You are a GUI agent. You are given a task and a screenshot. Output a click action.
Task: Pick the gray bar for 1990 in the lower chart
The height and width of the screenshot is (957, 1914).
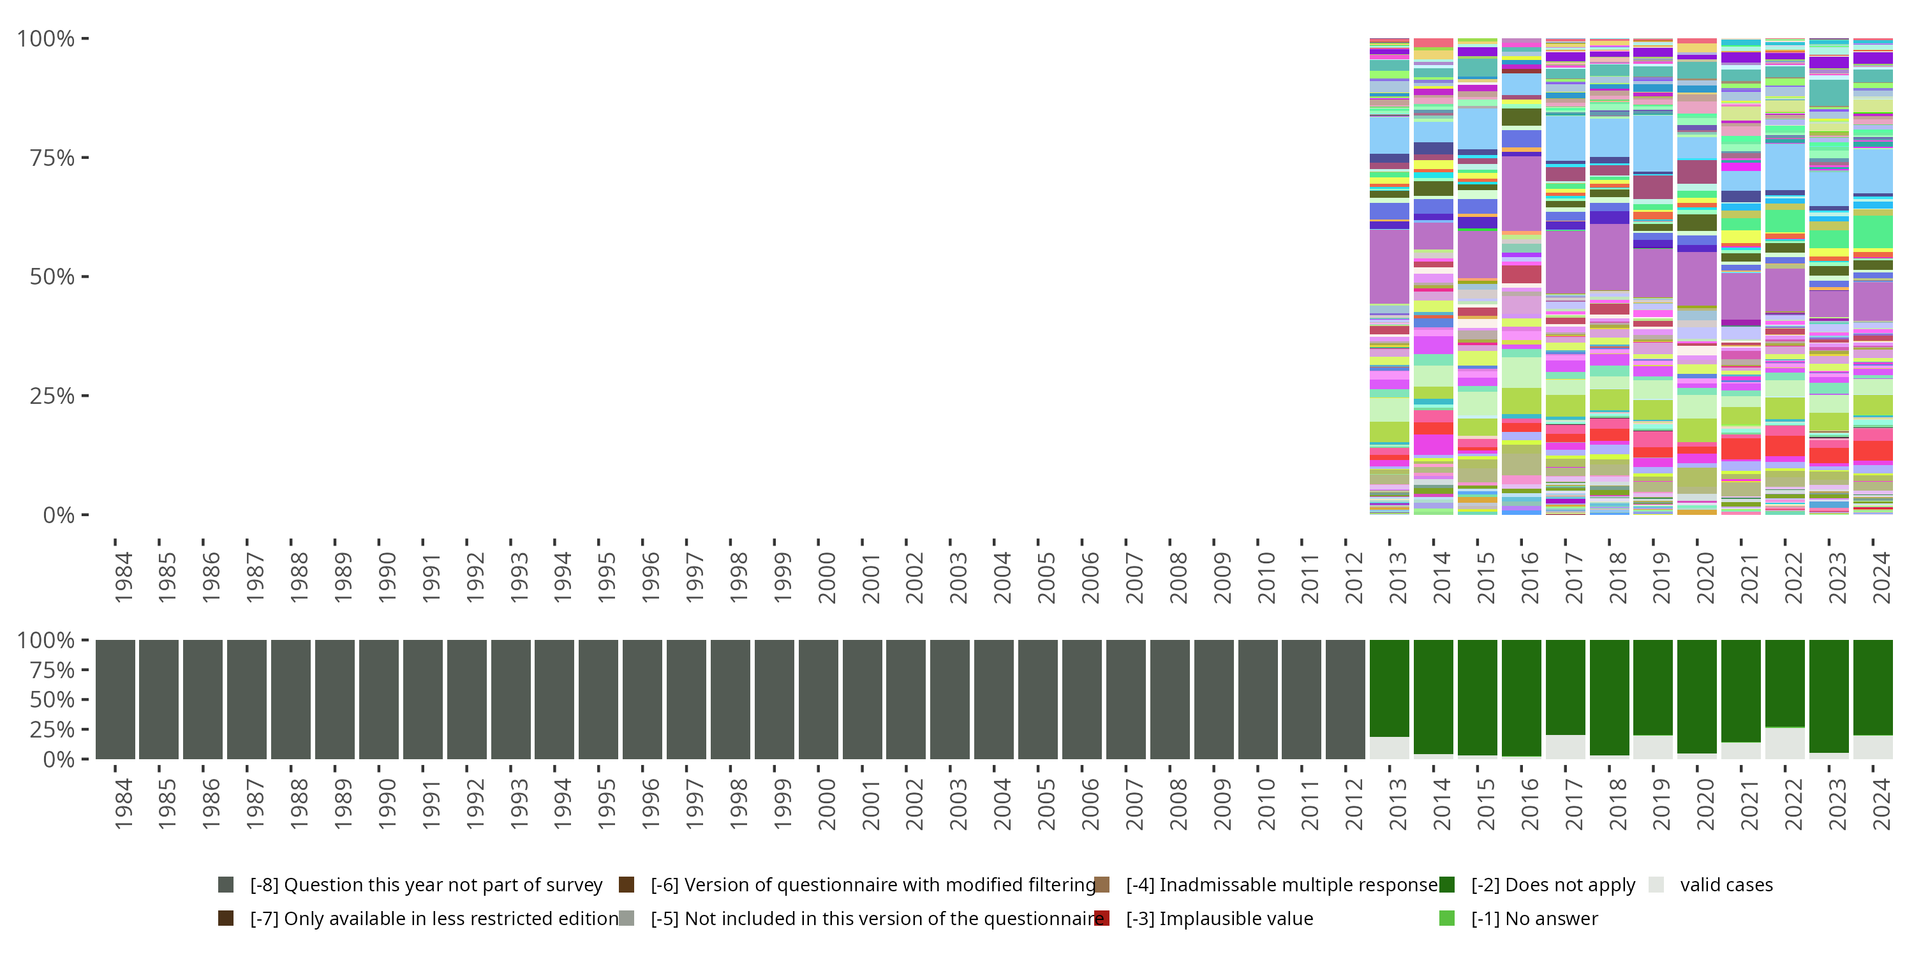(x=378, y=699)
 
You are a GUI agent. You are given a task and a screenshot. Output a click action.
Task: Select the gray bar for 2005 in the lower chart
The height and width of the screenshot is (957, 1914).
(x=1037, y=699)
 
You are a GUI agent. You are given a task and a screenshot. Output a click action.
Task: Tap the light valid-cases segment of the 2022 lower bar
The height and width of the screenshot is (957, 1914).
(x=1784, y=743)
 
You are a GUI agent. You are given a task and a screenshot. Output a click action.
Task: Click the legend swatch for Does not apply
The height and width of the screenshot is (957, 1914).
(x=1446, y=885)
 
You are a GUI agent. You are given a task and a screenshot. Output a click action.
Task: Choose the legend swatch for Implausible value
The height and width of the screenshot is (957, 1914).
(x=1102, y=918)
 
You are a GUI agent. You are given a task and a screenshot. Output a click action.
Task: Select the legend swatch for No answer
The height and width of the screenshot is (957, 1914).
(x=1446, y=918)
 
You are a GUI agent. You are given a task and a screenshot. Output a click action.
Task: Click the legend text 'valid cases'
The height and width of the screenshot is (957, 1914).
(x=1726, y=885)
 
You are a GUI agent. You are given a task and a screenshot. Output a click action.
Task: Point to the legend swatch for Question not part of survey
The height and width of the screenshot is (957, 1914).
(x=226, y=885)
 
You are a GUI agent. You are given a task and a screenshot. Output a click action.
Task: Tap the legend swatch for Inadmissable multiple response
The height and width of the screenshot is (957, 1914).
(x=1102, y=885)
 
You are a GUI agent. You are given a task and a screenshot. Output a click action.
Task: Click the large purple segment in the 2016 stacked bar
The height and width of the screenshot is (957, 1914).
(x=1521, y=193)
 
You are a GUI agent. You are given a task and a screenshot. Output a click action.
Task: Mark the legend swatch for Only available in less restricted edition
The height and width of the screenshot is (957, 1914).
(x=226, y=918)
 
